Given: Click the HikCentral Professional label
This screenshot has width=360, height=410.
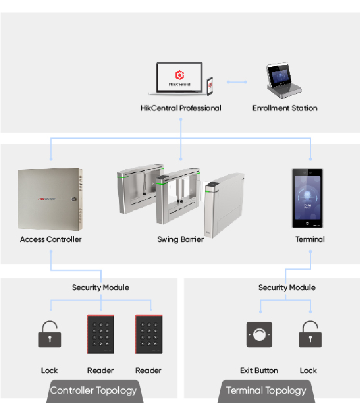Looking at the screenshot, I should (x=181, y=108).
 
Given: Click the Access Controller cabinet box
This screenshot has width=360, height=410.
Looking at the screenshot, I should (x=50, y=198).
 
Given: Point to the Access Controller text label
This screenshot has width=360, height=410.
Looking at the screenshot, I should (x=51, y=239).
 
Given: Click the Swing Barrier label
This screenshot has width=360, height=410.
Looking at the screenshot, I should (x=180, y=239).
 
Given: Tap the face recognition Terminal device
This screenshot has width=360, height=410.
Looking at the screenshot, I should (x=307, y=198).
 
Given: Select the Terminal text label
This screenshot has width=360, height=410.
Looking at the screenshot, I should (x=310, y=239).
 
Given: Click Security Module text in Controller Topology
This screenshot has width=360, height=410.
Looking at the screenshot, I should (x=100, y=287).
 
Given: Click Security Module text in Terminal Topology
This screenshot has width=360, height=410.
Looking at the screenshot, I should (x=287, y=287).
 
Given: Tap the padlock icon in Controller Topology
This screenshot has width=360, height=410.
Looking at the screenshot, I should (x=50, y=334).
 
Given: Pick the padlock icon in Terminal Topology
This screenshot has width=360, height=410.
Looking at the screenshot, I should (x=310, y=334).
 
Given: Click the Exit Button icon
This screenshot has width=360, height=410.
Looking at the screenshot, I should (x=259, y=334).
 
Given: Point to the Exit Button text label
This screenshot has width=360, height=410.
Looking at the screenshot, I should (x=259, y=370).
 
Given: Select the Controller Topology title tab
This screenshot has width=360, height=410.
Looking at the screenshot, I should (x=93, y=391).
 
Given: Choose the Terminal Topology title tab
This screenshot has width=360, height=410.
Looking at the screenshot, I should (x=266, y=391).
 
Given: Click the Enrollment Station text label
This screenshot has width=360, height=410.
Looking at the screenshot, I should (x=285, y=108).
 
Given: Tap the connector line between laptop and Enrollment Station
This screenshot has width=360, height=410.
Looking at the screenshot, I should (x=237, y=82).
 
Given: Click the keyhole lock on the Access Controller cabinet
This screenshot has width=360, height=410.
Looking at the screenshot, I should (x=74, y=199).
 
